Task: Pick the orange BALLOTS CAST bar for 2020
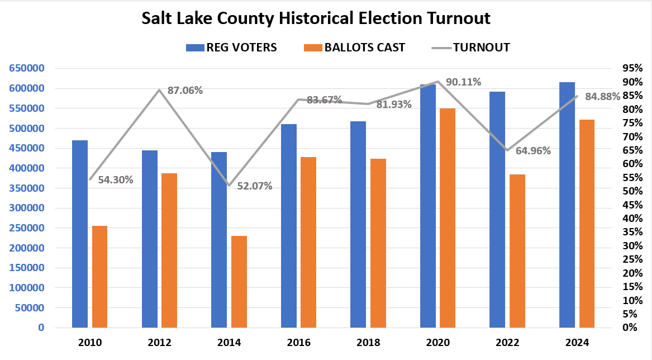pyautogui.click(x=448, y=217)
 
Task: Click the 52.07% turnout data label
pyautogui.click(x=254, y=186)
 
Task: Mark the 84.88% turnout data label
pyautogui.click(x=602, y=96)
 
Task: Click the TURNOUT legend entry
pyautogui.click(x=481, y=48)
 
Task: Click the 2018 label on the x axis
pyautogui.click(x=368, y=342)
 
